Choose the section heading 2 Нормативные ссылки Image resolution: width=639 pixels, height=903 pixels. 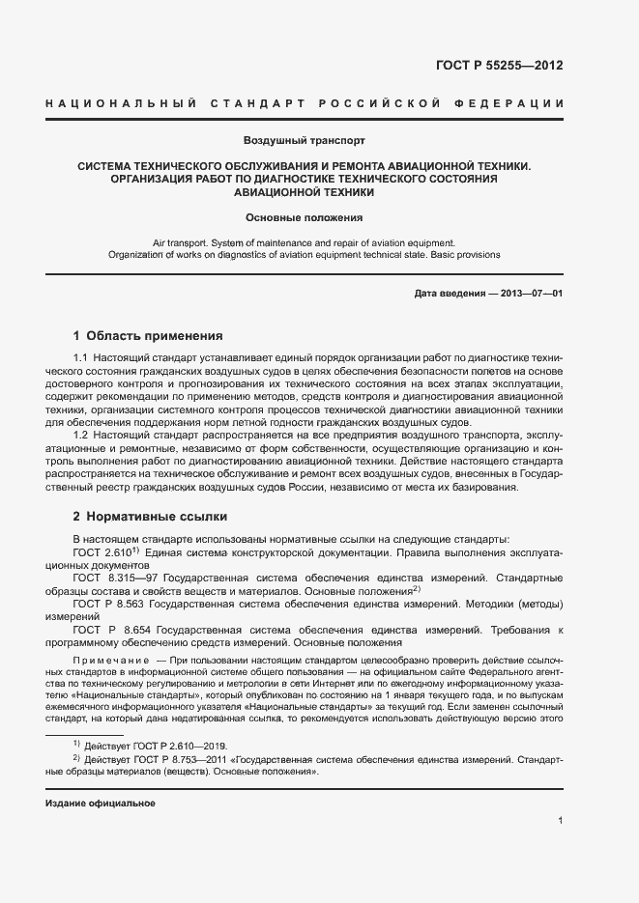click(x=150, y=517)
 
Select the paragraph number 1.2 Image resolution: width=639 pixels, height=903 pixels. click(x=82, y=437)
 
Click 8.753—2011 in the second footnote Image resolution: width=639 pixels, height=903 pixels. click(x=185, y=760)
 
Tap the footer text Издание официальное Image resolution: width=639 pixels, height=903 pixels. click(x=101, y=804)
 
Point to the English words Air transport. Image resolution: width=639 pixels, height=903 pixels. click(x=182, y=242)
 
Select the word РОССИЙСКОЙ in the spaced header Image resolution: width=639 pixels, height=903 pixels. click(x=382, y=103)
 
